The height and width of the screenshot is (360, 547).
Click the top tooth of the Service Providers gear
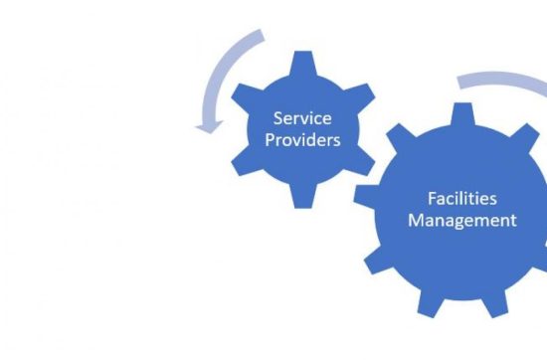(x=299, y=60)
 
